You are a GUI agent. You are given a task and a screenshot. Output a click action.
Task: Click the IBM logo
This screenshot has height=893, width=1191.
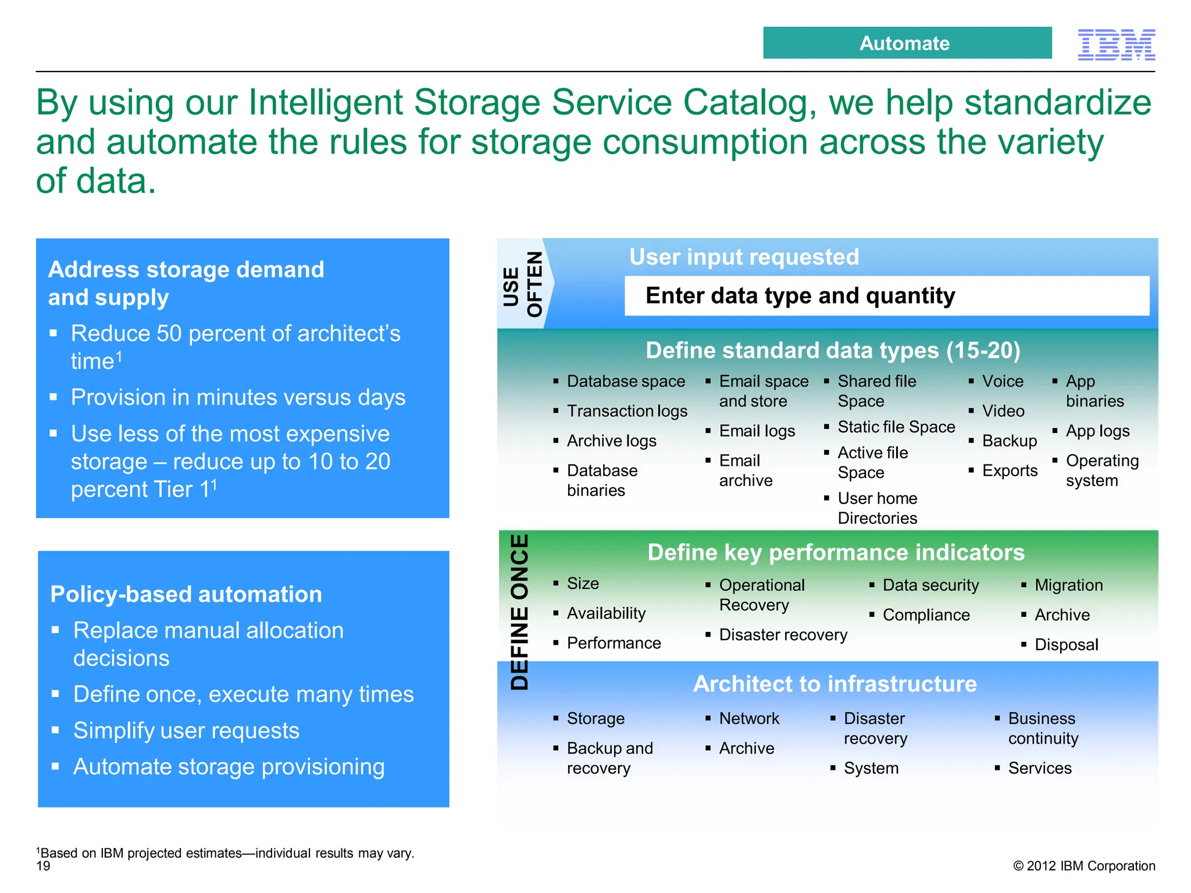pos(1116,44)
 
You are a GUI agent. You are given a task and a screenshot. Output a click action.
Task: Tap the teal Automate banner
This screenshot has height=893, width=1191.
pos(907,43)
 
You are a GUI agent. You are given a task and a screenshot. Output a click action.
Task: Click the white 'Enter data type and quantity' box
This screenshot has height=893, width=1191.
pos(886,296)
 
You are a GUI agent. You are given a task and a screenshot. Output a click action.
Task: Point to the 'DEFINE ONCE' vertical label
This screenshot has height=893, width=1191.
pos(519,612)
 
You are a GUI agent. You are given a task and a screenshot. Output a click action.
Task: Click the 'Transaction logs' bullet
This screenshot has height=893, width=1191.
pos(626,411)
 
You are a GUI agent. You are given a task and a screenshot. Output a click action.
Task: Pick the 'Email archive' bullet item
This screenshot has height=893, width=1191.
pos(745,470)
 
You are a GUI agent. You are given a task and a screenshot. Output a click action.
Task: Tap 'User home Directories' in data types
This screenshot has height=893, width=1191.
pos(877,508)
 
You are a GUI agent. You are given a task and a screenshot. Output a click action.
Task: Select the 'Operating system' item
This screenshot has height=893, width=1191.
pos(1101,470)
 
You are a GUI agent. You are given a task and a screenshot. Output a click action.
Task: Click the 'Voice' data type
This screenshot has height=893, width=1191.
pos(1002,381)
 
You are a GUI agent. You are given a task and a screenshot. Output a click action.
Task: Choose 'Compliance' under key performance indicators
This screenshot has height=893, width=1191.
pos(926,615)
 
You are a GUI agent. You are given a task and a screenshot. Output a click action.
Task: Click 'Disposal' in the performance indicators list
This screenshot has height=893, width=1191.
pos(1066,645)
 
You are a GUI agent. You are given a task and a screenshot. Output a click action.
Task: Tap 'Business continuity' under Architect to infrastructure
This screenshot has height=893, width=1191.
pos(1042,728)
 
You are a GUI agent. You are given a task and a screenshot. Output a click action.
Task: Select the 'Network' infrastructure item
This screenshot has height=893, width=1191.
pos(748,719)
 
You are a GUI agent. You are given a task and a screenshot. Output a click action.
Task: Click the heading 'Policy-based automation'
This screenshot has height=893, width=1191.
pos(186,594)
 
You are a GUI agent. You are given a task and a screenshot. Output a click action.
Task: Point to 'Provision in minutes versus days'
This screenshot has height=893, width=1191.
pos(238,398)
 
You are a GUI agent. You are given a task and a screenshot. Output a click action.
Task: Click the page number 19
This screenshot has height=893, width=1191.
pos(44,866)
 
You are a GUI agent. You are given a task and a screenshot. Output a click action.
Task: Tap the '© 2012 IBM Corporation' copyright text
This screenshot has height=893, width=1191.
pos(1084,866)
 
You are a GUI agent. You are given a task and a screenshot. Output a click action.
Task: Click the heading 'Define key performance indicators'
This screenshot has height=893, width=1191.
pos(836,552)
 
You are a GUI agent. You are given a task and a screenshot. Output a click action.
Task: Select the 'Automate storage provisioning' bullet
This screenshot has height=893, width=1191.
pos(229,767)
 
